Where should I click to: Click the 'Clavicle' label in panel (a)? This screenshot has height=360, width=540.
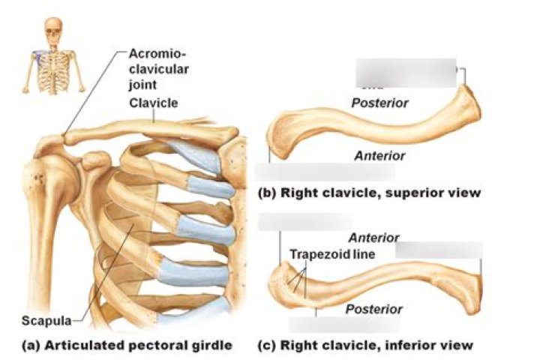click(153, 103)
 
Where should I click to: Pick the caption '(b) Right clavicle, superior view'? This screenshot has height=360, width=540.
click(368, 193)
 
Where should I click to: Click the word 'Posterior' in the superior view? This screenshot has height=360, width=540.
click(379, 103)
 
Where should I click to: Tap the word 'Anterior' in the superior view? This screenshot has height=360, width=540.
click(379, 156)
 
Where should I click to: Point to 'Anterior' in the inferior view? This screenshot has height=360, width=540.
click(373, 238)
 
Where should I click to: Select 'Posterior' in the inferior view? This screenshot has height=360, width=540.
click(373, 309)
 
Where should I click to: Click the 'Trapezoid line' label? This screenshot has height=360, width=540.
click(331, 254)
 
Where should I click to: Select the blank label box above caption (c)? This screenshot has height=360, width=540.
click(345, 325)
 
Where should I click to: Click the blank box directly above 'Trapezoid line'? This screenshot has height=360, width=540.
click(304, 222)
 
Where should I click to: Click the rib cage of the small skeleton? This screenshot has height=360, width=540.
click(52, 63)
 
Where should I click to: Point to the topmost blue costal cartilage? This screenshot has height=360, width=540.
click(198, 149)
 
